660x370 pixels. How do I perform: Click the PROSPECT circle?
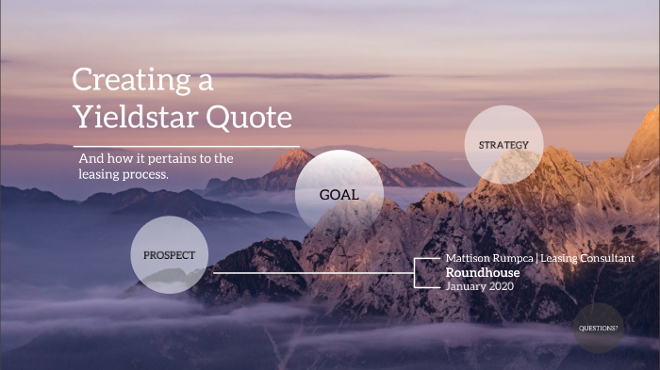[169, 255]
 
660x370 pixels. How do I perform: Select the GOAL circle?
[338, 195]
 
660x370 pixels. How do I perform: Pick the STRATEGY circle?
[504, 145]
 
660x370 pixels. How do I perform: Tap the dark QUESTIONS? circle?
[599, 328]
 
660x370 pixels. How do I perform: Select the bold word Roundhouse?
[483, 272]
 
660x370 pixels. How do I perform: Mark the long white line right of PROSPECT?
[311, 273]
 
